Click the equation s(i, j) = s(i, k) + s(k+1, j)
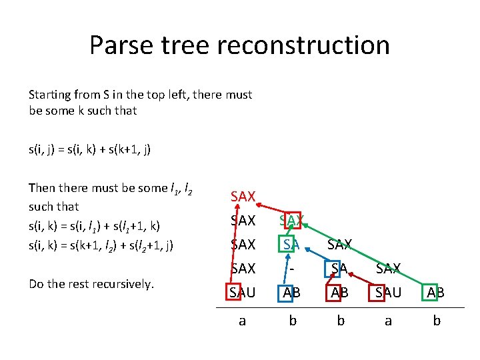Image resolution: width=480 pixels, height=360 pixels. [x=90, y=149]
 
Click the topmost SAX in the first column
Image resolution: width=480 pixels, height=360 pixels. [x=243, y=196]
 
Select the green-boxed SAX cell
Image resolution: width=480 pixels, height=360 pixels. [x=291, y=220]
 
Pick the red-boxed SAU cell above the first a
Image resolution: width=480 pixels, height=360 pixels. [x=243, y=292]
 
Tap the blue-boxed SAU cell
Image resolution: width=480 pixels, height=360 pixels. [x=389, y=292]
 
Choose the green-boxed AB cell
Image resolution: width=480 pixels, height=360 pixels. [x=437, y=292]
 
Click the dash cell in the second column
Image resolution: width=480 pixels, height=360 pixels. [x=291, y=269]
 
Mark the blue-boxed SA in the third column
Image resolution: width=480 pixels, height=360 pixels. [x=340, y=269]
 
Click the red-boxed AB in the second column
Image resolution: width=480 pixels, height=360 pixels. [x=291, y=292]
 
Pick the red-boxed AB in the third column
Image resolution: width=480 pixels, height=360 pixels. [x=340, y=292]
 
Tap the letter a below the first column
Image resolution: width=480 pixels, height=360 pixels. [x=243, y=321]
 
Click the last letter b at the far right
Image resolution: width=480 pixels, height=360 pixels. [x=437, y=321]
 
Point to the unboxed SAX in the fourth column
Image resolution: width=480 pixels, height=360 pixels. [x=389, y=269]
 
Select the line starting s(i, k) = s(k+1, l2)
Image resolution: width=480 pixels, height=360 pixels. [x=101, y=245]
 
